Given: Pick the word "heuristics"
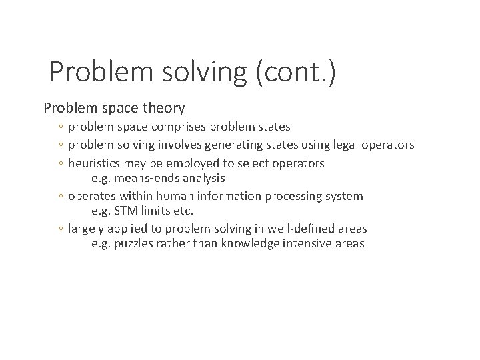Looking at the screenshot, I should [x=95, y=163].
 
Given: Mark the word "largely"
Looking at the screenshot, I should [x=86, y=229].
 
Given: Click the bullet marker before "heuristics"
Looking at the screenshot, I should [x=61, y=164].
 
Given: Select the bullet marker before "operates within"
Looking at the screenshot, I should [x=61, y=197].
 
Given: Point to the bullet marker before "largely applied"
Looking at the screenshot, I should [x=61, y=229].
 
